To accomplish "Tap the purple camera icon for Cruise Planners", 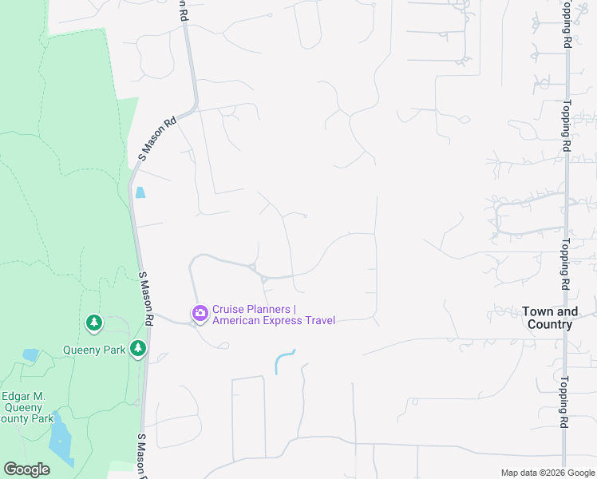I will tap(200, 314).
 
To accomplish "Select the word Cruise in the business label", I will tap(229, 310).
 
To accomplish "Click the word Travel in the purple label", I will tap(318, 321).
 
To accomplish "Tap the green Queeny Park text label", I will tap(94, 350).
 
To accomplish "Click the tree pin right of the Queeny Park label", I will tap(139, 348).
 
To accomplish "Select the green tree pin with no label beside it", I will tap(94, 323).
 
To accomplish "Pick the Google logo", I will tap(26, 469).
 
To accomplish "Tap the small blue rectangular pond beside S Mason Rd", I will tap(140, 192).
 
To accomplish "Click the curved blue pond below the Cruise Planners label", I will tap(283, 361).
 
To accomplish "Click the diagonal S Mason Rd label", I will tap(157, 140).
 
